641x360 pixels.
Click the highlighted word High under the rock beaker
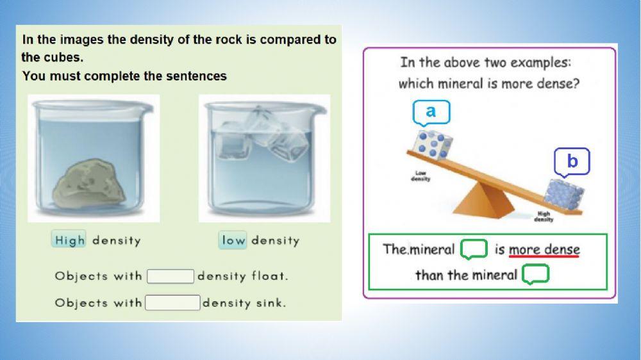click(x=69, y=240)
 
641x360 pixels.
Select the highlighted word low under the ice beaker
click(x=233, y=240)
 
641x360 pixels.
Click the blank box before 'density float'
click(x=171, y=276)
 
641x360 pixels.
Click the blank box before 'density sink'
click(x=172, y=302)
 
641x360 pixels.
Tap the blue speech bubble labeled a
click(x=431, y=112)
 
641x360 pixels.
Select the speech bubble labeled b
click(x=572, y=162)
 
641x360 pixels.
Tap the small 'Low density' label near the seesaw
click(x=420, y=176)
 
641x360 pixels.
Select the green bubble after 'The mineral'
click(x=474, y=249)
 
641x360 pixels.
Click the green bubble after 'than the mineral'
click(x=536, y=275)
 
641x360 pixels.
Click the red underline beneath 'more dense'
click(x=544, y=256)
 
